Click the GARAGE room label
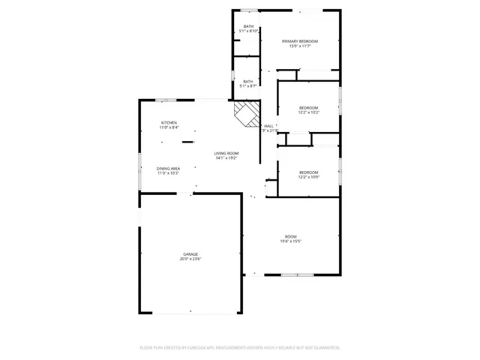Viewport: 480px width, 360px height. pos(190,254)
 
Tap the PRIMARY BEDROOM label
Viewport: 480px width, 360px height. pos(300,40)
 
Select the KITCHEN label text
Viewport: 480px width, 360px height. pos(169,122)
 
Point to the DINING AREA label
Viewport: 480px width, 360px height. pos(168,169)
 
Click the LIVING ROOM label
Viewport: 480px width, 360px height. pos(226,153)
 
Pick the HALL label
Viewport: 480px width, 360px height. pos(268,126)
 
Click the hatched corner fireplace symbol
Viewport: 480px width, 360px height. pos(245,115)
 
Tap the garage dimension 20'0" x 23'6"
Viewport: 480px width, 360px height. pos(190,259)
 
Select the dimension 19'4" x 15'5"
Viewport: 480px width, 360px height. pos(291,241)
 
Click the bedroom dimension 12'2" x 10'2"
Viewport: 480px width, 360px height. pos(309,112)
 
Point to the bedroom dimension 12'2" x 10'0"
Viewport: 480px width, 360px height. pos(309,177)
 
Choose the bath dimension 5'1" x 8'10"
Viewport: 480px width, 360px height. pos(248,31)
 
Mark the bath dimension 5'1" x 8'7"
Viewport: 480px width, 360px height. pos(248,86)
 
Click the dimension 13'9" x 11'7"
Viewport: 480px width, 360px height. pos(300,46)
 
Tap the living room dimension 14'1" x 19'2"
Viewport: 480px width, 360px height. pos(226,158)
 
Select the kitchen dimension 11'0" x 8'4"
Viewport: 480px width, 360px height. pos(169,127)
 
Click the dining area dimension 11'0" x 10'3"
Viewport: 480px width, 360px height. pos(168,174)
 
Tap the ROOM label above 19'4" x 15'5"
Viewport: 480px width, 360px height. pos(291,236)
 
